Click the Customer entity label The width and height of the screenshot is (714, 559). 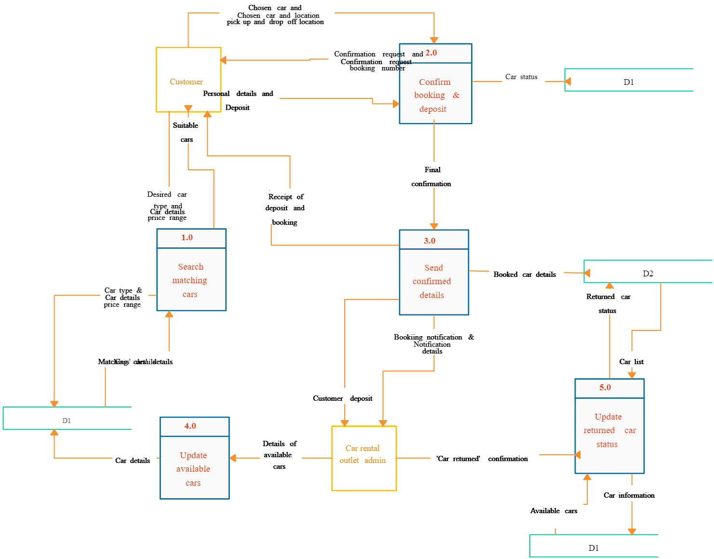tap(186, 82)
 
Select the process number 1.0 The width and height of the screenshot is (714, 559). tap(187, 237)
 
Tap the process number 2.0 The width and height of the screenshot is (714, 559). tap(431, 53)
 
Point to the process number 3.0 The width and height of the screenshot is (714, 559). tap(430, 241)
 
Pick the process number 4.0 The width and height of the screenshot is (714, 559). tap(190, 426)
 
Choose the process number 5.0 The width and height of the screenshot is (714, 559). tap(605, 387)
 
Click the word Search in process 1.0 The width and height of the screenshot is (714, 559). tap(191, 267)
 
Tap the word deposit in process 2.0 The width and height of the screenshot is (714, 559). tap(433, 109)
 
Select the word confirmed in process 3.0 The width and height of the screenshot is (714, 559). tap(432, 281)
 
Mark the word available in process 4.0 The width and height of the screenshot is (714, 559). tap(193, 469)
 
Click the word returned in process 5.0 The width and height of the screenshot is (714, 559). tap(599, 430)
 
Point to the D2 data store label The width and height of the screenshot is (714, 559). tap(648, 273)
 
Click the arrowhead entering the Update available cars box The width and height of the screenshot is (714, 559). tap(233, 458)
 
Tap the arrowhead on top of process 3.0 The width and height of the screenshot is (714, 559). tap(434, 226)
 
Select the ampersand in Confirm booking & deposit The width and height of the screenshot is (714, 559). tap(456, 95)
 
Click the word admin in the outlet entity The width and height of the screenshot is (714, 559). tap(375, 461)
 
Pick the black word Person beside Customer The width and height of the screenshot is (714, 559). tap(213, 94)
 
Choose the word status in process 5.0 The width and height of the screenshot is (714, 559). tap(607, 444)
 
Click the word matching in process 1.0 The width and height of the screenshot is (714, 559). tap(190, 280)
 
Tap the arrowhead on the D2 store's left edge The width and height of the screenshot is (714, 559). tap(587, 273)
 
